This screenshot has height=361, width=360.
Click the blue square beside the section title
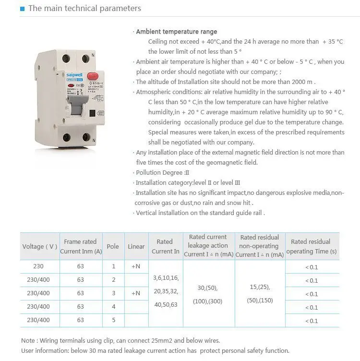click(x=23, y=9)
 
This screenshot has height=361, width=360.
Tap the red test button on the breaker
click(x=92, y=77)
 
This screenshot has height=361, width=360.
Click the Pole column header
click(x=113, y=246)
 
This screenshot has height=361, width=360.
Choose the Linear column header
click(x=136, y=246)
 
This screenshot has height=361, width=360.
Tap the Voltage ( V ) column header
click(x=39, y=246)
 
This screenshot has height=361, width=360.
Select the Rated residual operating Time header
click(x=311, y=246)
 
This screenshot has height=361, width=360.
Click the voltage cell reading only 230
click(x=38, y=266)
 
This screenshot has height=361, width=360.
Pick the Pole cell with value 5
click(x=113, y=320)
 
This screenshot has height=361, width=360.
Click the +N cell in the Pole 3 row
click(x=136, y=293)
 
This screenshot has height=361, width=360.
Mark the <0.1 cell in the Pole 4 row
click(x=312, y=307)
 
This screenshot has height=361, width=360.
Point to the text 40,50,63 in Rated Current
click(x=165, y=304)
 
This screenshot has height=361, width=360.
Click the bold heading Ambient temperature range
click(x=176, y=32)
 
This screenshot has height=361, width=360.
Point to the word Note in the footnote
click(x=28, y=340)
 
